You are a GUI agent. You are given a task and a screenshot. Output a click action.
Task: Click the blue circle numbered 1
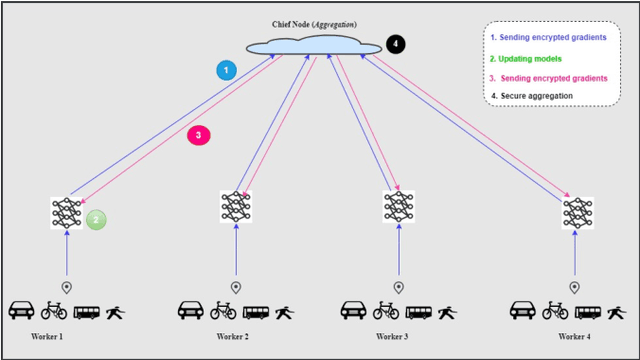point(227,70)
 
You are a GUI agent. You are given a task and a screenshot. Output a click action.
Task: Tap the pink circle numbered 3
point(199,135)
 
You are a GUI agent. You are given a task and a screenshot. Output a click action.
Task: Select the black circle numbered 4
point(396,45)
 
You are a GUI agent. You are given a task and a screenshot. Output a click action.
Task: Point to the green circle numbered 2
point(95,219)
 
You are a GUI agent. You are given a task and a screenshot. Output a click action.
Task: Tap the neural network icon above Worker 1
point(66,213)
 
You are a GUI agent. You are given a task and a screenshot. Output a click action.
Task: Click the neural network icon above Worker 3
point(398,206)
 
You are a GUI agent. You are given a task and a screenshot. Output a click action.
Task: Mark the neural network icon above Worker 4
point(577,212)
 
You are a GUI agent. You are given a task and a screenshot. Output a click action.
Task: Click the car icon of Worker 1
point(22,310)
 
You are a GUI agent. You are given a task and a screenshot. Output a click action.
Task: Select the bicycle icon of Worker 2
point(222,310)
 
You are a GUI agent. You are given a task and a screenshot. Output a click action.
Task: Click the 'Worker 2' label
point(232,337)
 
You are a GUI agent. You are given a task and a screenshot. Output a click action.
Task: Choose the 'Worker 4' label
point(575,336)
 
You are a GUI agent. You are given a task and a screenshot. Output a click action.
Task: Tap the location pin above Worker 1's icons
point(67,287)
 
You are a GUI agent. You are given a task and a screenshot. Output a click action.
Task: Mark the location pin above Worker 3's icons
point(398,287)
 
